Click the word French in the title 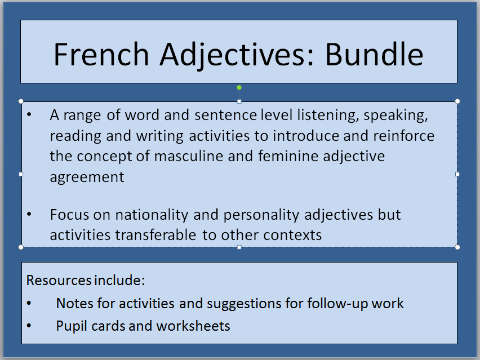click(x=101, y=54)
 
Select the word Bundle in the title click(x=374, y=54)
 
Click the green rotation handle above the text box click(x=239, y=87)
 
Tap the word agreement click(x=87, y=177)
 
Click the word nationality click(x=152, y=215)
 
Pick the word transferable click(x=155, y=235)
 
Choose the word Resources click(x=59, y=280)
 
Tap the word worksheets click(x=193, y=326)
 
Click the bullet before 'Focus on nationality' click(x=29, y=214)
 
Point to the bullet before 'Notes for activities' click(x=29, y=303)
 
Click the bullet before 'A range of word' click(x=29, y=114)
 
